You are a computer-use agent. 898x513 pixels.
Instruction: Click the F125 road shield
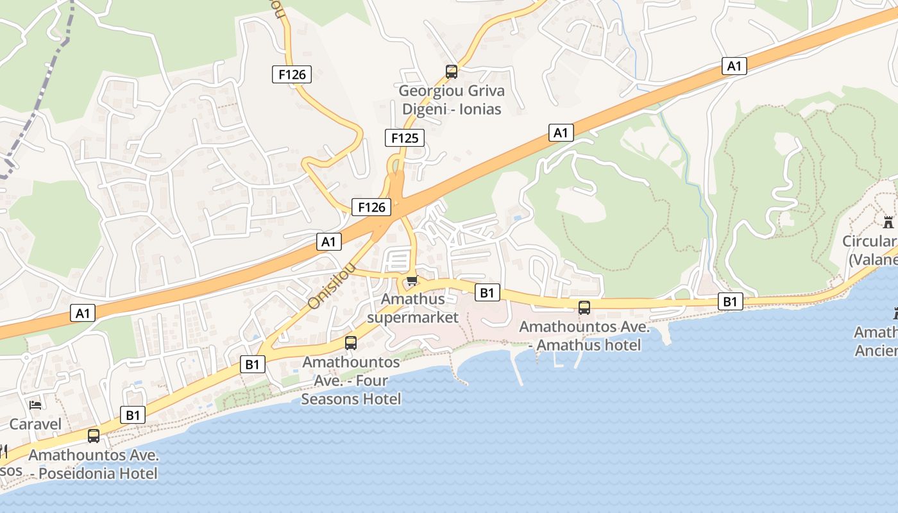405,138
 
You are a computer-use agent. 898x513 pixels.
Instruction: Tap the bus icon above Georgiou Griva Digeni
452,72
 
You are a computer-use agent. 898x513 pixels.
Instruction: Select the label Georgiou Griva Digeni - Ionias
452,100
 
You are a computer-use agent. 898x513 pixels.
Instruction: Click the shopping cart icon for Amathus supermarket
412,280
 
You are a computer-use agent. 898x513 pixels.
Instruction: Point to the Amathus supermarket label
412,308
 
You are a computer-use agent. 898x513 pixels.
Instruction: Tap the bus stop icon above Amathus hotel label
584,308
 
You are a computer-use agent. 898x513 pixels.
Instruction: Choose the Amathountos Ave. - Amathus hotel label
584,336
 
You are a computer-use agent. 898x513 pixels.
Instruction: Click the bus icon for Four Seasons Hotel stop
351,343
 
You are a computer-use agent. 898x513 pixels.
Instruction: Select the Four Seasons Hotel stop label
352,380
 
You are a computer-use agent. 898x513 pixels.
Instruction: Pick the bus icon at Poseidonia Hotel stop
94,436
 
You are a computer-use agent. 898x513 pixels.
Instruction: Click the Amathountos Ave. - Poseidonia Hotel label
94,465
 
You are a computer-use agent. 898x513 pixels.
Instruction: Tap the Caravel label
35,424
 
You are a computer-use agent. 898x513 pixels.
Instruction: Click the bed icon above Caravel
35,405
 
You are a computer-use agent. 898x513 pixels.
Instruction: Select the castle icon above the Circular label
888,223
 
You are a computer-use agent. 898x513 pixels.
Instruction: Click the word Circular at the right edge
869,242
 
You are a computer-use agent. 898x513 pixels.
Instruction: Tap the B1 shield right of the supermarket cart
487,293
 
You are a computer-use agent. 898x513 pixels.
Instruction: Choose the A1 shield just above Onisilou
329,242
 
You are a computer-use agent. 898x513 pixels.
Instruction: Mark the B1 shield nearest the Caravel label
133,415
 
